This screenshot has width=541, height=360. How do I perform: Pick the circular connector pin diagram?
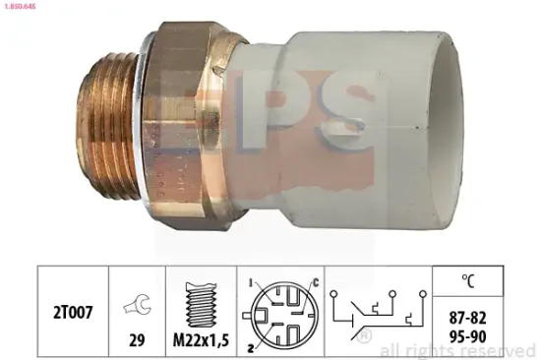click(278, 309)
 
